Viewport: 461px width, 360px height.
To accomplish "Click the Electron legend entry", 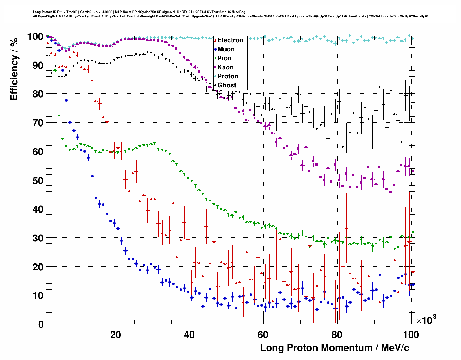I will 230,40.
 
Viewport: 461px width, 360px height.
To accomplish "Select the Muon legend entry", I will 226,49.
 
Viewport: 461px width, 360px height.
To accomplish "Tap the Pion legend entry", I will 224,58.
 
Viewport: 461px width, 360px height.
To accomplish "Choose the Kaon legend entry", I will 225,67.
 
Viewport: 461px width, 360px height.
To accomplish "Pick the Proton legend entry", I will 228,76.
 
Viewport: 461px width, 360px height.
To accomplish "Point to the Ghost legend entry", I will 227,85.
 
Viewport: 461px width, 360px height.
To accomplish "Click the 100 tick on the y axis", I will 35,37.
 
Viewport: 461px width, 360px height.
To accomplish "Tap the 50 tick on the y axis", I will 38,180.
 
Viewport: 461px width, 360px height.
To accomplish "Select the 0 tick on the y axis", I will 41,325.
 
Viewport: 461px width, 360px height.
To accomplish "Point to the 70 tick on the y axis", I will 38,123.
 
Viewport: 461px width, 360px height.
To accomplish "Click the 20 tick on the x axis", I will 116,335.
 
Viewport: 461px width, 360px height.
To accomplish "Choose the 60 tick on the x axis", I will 263,335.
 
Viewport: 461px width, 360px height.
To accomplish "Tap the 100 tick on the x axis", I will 411,335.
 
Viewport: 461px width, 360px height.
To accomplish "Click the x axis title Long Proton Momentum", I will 335,348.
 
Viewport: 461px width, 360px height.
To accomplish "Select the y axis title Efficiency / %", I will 14,69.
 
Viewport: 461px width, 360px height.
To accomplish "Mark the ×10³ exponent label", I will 426,320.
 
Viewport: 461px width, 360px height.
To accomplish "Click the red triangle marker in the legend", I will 215,40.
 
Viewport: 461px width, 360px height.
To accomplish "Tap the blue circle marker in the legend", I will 215,49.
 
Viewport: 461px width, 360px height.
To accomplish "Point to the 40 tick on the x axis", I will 189,335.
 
